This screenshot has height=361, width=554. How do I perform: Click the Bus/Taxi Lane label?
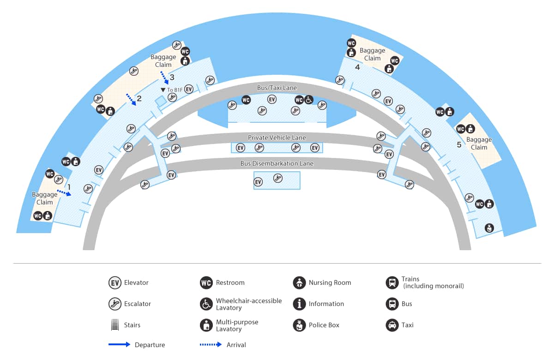(x=277, y=88)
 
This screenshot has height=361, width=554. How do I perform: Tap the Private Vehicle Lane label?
(x=277, y=138)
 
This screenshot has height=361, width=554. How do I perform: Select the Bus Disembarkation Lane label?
(x=277, y=163)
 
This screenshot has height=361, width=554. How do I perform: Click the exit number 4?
(x=357, y=67)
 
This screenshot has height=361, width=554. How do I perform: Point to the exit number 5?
(x=459, y=144)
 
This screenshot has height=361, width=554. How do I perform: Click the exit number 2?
(x=139, y=98)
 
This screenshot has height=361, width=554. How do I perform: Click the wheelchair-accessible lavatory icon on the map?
(x=308, y=100)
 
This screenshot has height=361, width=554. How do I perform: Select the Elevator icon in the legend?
(x=115, y=283)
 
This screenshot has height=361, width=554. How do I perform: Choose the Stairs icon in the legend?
(x=115, y=325)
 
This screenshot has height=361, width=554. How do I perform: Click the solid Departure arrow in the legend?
(x=119, y=344)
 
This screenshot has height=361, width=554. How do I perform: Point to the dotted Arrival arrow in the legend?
(x=211, y=344)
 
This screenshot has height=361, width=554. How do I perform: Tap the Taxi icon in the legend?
(x=392, y=325)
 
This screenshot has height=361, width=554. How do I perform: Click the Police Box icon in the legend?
(x=300, y=325)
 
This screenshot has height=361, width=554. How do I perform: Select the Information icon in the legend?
(x=300, y=304)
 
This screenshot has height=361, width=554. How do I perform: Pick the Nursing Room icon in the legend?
(x=300, y=283)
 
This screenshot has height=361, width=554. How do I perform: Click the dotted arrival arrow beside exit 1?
(x=64, y=193)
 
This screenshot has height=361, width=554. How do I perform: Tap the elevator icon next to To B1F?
(x=189, y=89)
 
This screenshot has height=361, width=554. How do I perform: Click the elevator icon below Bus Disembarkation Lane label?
(x=258, y=182)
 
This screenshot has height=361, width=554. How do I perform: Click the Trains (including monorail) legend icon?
(x=392, y=283)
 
